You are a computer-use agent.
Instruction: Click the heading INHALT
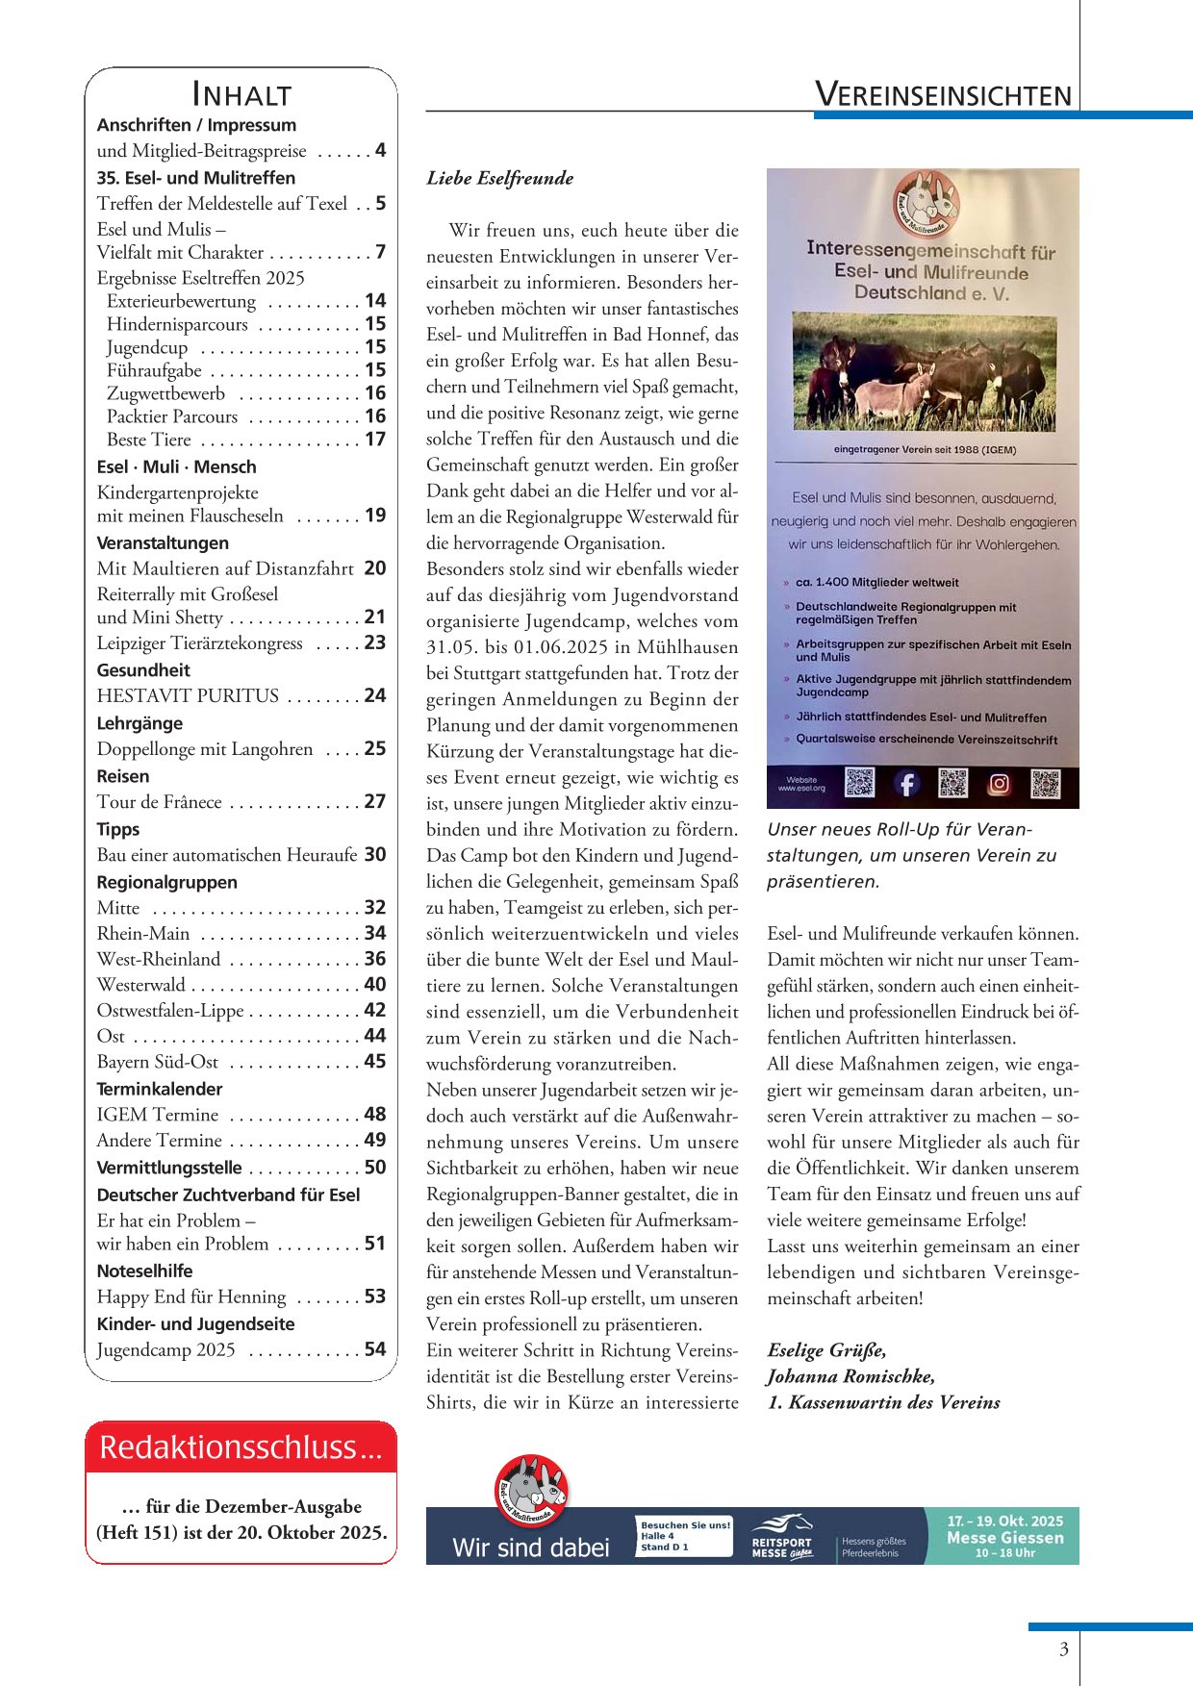(x=241, y=94)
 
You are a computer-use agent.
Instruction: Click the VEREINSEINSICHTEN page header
(x=943, y=94)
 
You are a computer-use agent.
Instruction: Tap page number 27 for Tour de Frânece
(x=375, y=801)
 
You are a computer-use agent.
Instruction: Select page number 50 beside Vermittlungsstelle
(x=375, y=1167)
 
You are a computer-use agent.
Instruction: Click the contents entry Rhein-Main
(x=143, y=933)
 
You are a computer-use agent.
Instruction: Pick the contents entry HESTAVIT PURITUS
(x=188, y=695)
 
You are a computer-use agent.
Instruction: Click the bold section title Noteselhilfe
(x=144, y=1271)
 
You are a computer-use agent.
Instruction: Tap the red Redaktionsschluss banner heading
(x=241, y=1447)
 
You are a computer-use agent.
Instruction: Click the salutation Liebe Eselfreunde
(x=500, y=178)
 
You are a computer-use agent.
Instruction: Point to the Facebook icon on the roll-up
(x=906, y=784)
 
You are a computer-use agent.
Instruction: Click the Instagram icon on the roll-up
(x=1000, y=784)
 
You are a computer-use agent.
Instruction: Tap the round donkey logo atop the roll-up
(x=924, y=203)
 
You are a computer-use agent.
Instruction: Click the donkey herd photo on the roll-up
(x=924, y=370)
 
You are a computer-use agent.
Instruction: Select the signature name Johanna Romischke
(x=850, y=1376)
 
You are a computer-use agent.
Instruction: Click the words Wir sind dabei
(x=531, y=1548)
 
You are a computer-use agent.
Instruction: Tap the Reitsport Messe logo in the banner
(x=781, y=1537)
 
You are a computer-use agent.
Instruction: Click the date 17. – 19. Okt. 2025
(x=1004, y=1521)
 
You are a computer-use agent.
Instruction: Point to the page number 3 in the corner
(x=1063, y=1649)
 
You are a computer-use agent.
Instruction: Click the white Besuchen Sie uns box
(x=684, y=1536)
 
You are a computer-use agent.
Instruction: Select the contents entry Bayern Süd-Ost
(x=158, y=1062)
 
